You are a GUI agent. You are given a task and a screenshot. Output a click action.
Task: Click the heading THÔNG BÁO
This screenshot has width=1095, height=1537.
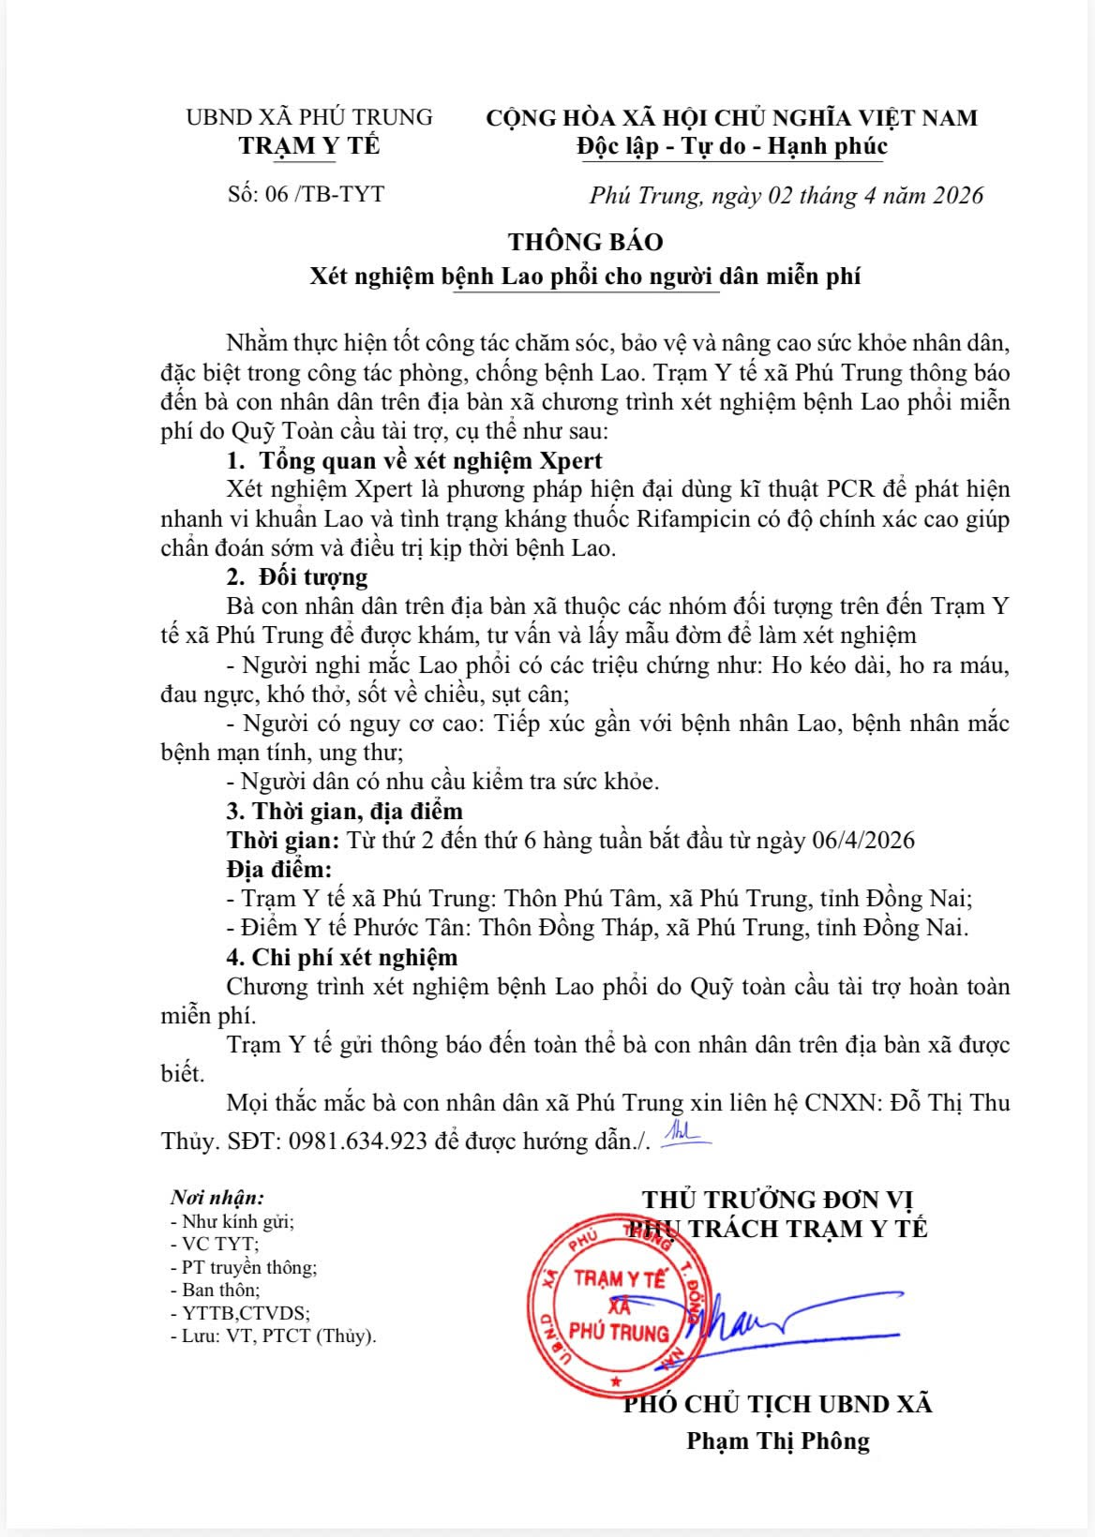click(x=585, y=242)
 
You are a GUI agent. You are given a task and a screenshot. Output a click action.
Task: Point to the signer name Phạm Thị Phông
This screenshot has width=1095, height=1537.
click(x=777, y=1440)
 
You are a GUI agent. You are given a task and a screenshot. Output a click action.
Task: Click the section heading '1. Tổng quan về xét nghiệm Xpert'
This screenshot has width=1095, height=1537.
click(x=414, y=460)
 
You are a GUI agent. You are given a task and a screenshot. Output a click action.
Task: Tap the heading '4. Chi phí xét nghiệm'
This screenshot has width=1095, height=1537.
click(x=341, y=957)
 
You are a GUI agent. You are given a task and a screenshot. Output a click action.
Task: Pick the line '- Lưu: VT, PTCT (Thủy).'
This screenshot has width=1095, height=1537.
click(x=273, y=1336)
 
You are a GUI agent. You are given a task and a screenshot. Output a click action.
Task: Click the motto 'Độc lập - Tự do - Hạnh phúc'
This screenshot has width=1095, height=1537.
click(x=732, y=146)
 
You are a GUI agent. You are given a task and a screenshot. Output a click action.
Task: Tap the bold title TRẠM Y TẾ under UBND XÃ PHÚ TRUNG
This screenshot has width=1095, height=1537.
click(x=309, y=146)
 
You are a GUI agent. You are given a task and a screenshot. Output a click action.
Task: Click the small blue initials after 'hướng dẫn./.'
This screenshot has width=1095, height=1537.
click(x=685, y=1135)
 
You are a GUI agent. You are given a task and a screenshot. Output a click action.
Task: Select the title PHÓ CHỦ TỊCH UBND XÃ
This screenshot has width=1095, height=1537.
click(x=777, y=1403)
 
